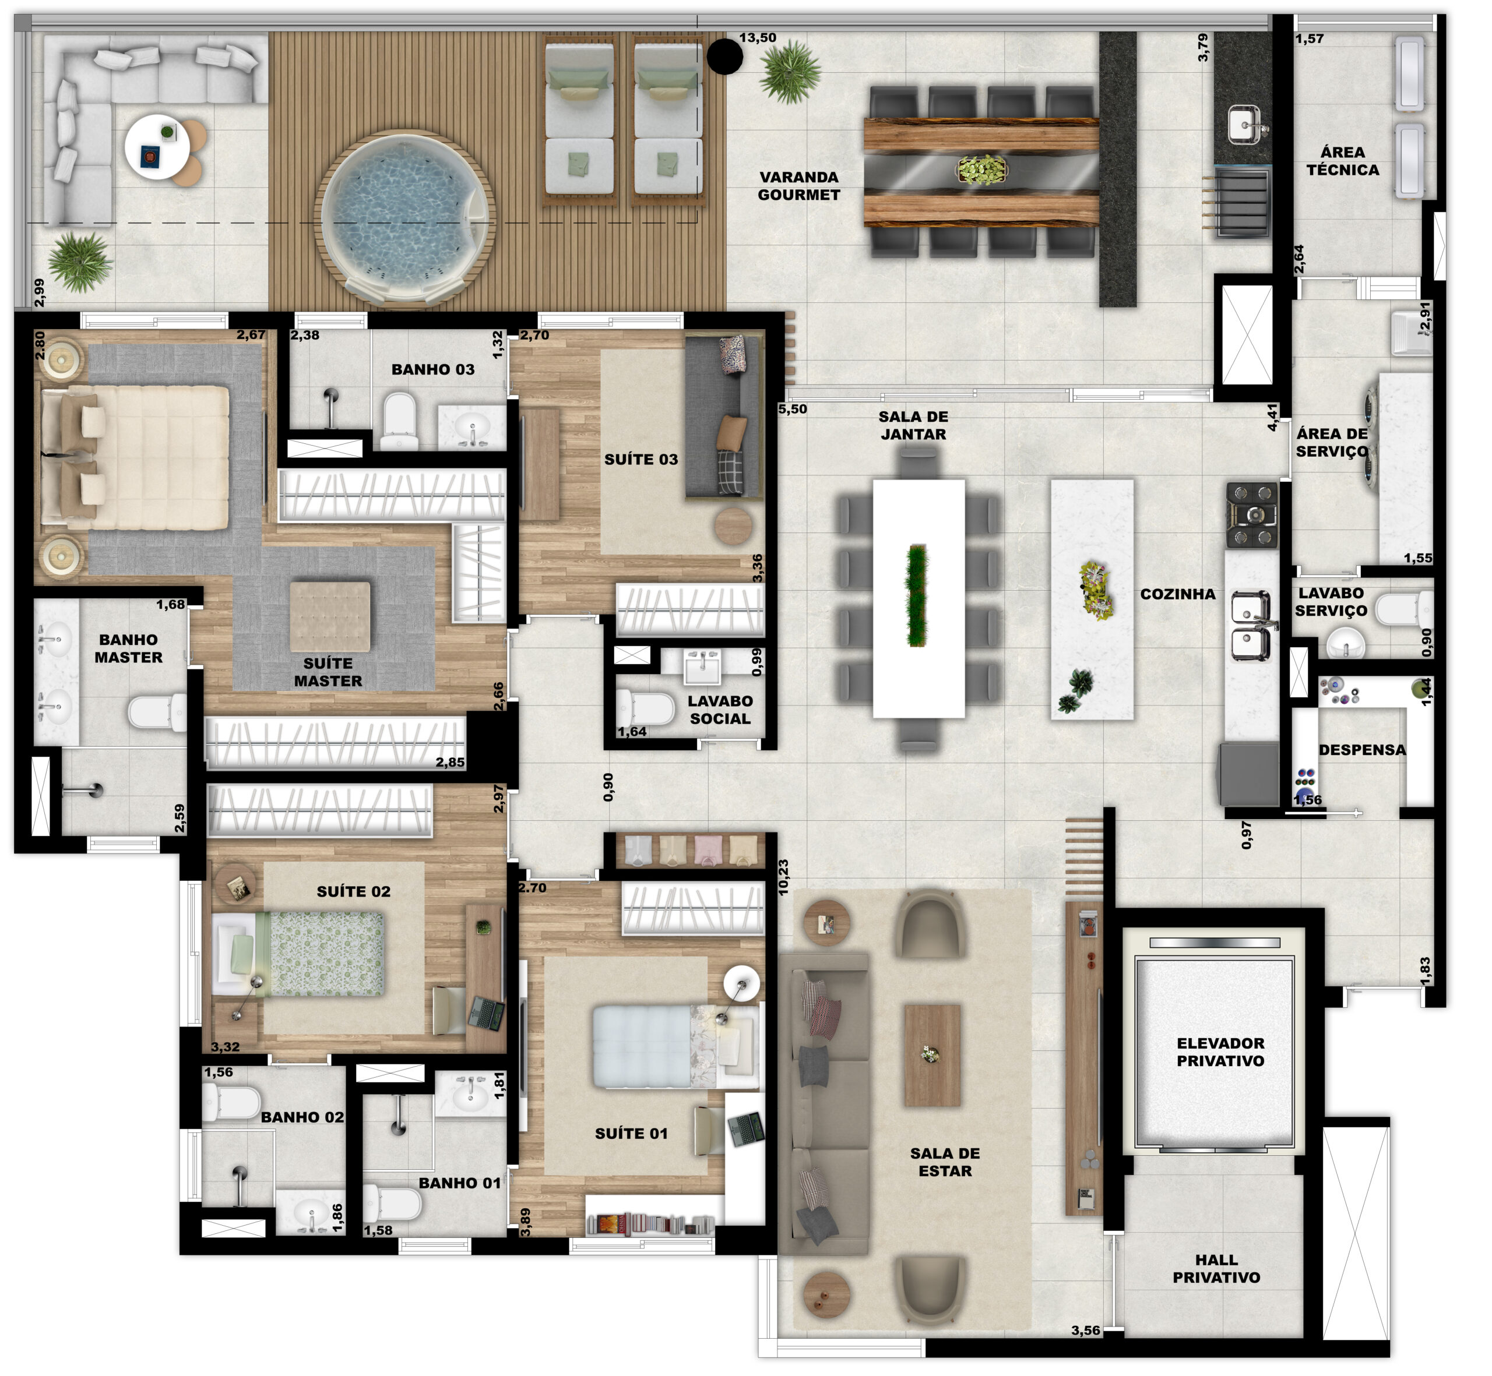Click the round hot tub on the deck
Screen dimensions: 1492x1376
pos(407,219)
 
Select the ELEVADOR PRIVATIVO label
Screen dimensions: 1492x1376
pos(1220,1052)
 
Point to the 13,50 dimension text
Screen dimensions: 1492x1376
pos(758,38)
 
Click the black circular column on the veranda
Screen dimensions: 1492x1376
pos(724,57)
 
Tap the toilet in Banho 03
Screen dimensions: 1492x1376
pos(399,421)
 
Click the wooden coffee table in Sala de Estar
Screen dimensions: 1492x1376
pos(932,1055)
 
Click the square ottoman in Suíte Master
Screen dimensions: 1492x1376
pos(329,618)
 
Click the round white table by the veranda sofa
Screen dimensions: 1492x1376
pos(156,147)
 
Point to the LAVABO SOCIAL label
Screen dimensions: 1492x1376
pos(720,710)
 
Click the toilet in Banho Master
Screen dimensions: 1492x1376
pos(157,712)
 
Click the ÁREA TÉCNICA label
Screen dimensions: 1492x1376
pos(1342,161)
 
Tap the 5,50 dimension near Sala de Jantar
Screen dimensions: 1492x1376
pos(793,409)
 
